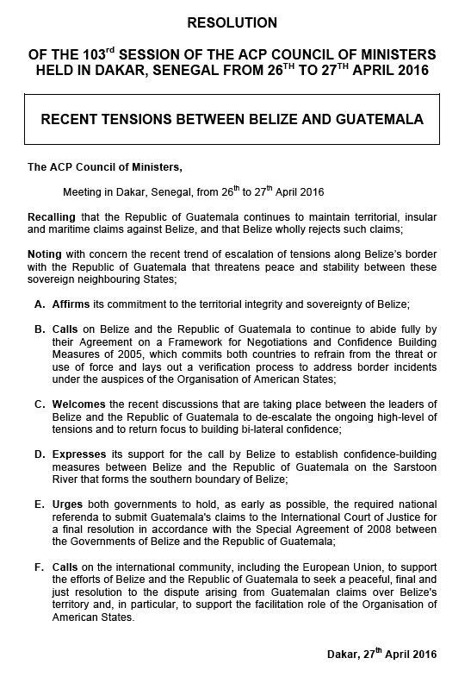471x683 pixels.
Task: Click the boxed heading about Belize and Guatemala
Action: coord(232,118)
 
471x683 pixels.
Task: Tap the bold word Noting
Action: coord(46,255)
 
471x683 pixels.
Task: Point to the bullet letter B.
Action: coord(40,329)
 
